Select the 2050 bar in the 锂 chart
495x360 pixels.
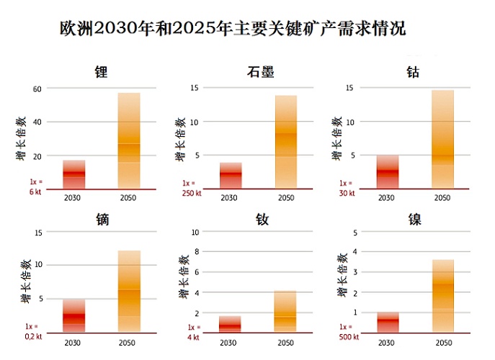pos(129,140)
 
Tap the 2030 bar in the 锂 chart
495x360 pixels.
pos(73,174)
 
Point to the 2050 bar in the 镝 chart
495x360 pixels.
pos(129,291)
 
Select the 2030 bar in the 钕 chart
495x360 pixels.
pos(231,324)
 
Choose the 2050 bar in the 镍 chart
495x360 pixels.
pos(443,295)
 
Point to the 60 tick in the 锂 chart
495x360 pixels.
pos(37,89)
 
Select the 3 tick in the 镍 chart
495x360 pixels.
pos(354,272)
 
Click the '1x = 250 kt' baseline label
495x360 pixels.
pos(191,188)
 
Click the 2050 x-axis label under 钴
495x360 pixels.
pos(443,197)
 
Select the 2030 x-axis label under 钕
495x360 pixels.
pos(231,341)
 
